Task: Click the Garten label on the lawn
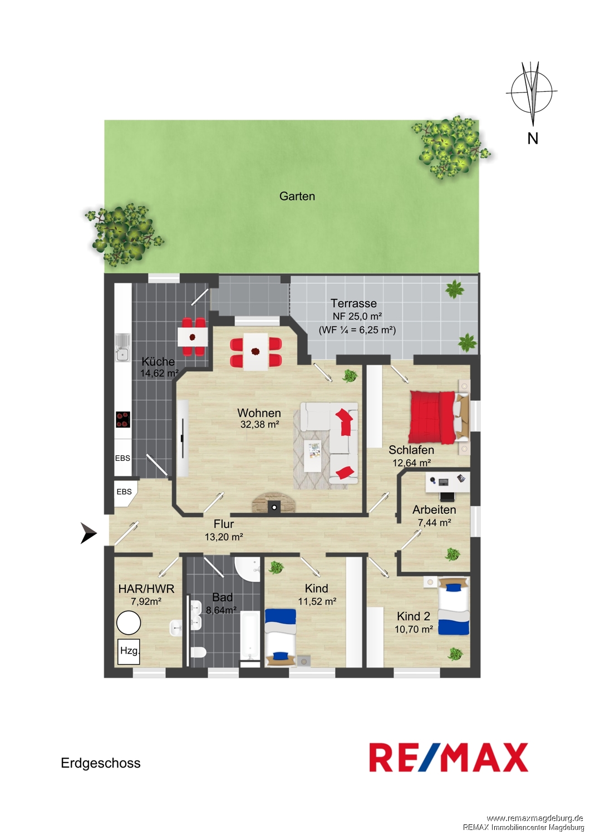point(297,196)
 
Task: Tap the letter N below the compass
point(533,138)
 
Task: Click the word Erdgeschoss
point(101,763)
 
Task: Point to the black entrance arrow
point(88,533)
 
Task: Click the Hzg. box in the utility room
point(129,651)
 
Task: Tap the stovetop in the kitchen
point(123,419)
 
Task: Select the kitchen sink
point(122,347)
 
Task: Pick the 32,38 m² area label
point(260,424)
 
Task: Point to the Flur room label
point(224,524)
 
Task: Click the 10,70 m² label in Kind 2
point(414,629)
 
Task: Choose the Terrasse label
point(353,303)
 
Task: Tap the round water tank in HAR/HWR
point(129,622)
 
